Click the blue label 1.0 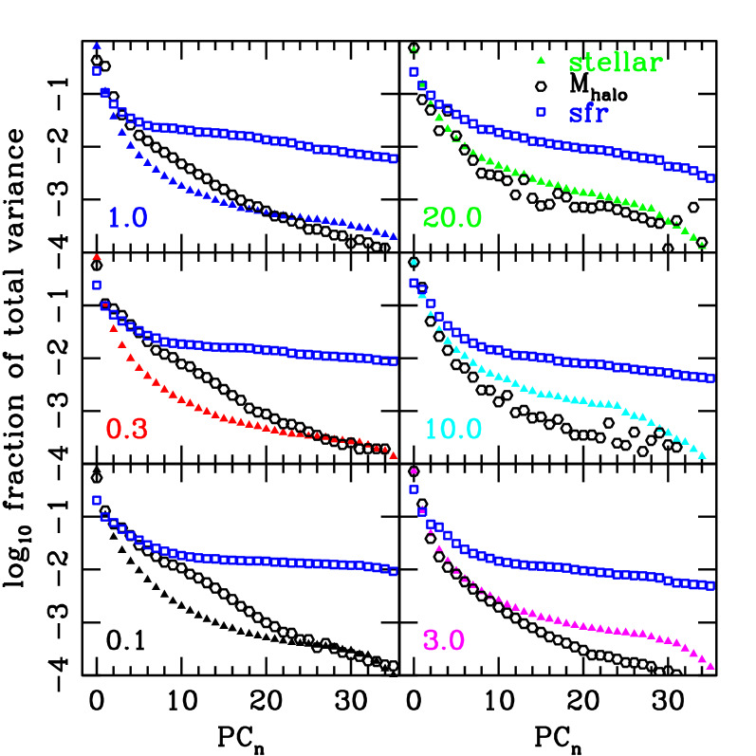pyautogui.click(x=127, y=218)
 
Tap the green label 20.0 pyautogui.click(x=452, y=218)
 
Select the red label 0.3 pyautogui.click(x=126, y=430)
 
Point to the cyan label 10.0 pyautogui.click(x=452, y=430)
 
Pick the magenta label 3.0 pyautogui.click(x=443, y=641)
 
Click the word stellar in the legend pyautogui.click(x=615, y=64)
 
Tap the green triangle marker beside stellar pyautogui.click(x=541, y=61)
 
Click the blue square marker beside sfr pyautogui.click(x=541, y=112)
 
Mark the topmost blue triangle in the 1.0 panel pyautogui.click(x=97, y=46)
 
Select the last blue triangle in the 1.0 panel pyautogui.click(x=394, y=236)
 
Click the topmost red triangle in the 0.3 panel pyautogui.click(x=97, y=257)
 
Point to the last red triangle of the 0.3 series pyautogui.click(x=394, y=455)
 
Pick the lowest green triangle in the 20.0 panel pyautogui.click(x=702, y=245)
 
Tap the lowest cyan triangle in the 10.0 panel pyautogui.click(x=702, y=455)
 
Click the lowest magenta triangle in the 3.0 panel pyautogui.click(x=710, y=666)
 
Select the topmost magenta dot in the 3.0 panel pyautogui.click(x=414, y=471)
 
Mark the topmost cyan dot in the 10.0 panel pyautogui.click(x=414, y=262)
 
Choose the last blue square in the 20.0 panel pyautogui.click(x=710, y=178)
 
